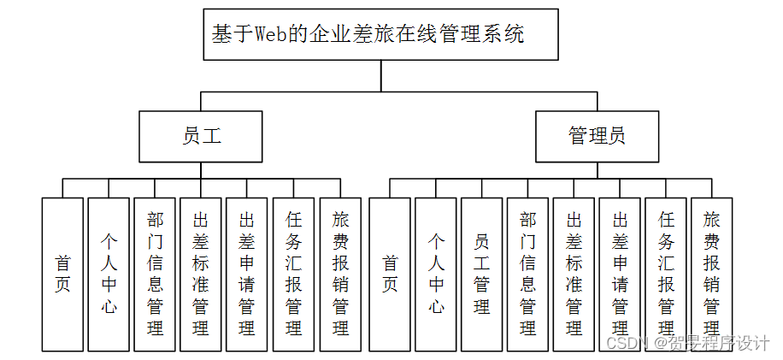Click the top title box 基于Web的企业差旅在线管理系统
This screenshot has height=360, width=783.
tap(380, 34)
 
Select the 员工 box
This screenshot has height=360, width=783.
tap(201, 136)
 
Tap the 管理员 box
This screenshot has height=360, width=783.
tap(598, 136)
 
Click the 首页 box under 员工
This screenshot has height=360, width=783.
tap(62, 274)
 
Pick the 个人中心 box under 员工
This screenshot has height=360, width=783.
tap(109, 274)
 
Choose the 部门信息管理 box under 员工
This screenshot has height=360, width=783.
tap(155, 274)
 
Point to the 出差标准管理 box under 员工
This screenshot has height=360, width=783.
tap(201, 274)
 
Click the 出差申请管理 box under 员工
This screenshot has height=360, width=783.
tap(247, 274)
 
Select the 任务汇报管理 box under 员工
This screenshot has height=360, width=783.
tap(293, 274)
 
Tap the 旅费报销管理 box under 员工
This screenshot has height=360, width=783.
tap(340, 274)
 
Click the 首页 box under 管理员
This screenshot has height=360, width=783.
tap(390, 274)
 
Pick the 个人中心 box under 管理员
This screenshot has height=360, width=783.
tap(436, 274)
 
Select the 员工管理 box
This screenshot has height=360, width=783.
tap(482, 274)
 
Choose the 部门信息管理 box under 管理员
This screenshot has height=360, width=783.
tap(528, 274)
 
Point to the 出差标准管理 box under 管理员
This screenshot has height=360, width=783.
tap(574, 274)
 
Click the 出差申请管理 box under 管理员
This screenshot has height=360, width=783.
tap(621, 274)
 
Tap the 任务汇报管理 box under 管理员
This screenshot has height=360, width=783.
tap(667, 274)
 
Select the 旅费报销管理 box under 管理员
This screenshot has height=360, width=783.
tap(712, 274)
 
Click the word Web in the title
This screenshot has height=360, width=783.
tap(269, 35)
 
